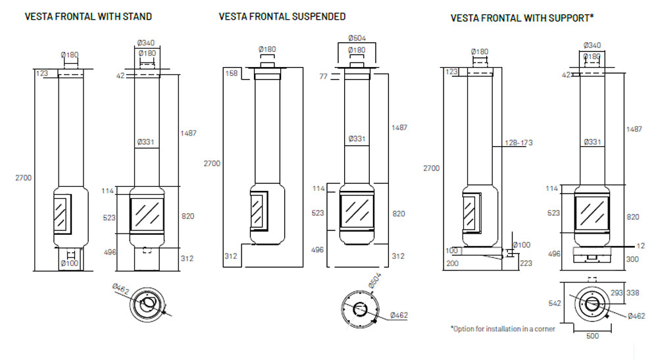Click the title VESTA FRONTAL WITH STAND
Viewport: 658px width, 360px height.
(x=88, y=16)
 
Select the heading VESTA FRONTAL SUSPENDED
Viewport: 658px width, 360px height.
(x=282, y=16)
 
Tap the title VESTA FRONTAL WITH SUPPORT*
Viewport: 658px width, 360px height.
(x=522, y=18)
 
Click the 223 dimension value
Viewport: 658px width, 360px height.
(x=526, y=263)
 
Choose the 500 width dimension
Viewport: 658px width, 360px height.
(x=594, y=336)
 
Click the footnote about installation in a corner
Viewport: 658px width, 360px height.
(x=502, y=328)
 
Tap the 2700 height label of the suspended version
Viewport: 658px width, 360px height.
(x=212, y=163)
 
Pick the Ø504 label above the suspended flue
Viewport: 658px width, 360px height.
(x=357, y=37)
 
